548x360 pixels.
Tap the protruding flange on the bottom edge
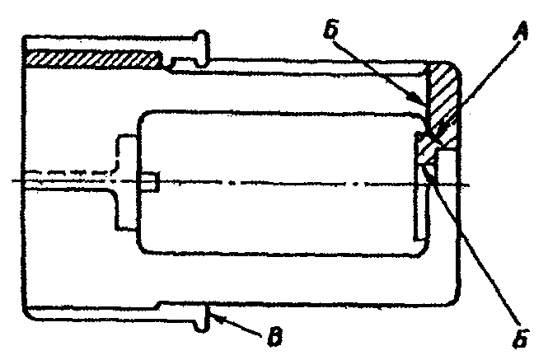[x=199, y=317]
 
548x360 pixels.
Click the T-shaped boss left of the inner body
[x=122, y=181]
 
